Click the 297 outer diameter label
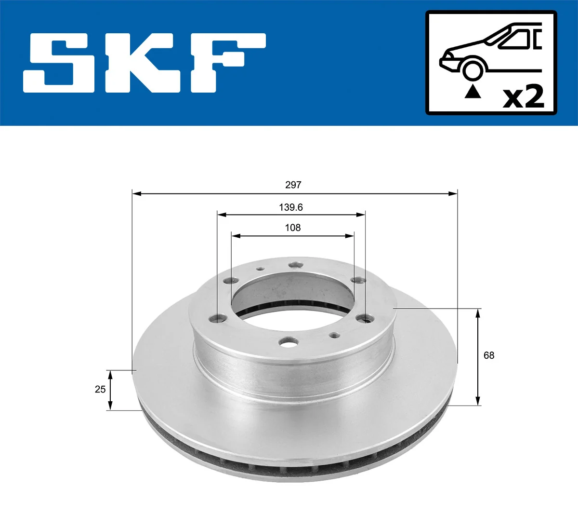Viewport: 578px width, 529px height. coord(293,185)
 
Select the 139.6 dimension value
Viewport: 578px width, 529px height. coord(290,207)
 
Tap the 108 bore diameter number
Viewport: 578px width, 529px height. coord(292,228)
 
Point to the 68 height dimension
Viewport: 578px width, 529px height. coord(488,355)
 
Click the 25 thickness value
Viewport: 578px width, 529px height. coord(100,389)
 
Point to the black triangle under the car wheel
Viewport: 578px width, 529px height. coord(473,91)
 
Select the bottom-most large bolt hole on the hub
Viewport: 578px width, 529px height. coord(288,342)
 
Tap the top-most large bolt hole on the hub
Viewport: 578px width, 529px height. coord(294,265)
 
